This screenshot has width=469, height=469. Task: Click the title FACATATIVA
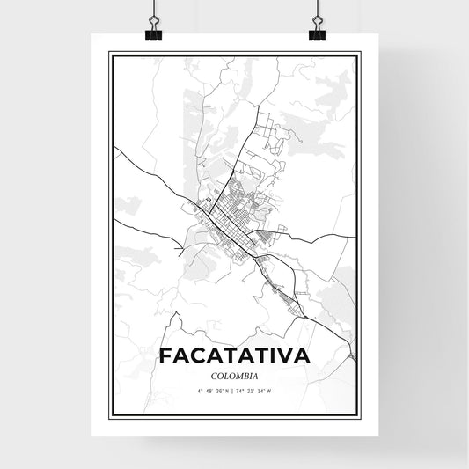[234, 356]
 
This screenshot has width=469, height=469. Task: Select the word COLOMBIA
[234, 375]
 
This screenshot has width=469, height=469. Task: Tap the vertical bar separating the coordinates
[234, 392]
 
